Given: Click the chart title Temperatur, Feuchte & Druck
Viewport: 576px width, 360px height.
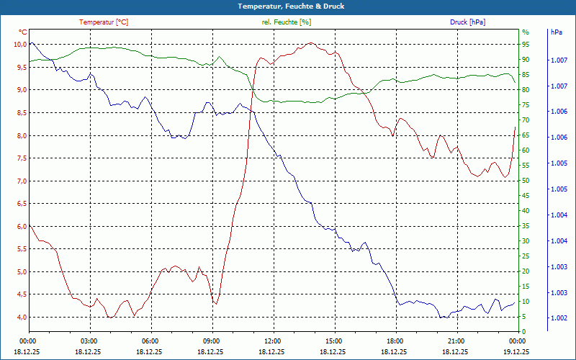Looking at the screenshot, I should pyautogui.click(x=287, y=6).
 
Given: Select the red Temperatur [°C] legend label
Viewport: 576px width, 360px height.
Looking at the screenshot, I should pyautogui.click(x=104, y=22).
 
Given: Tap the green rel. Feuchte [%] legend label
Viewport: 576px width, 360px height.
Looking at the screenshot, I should pyautogui.click(x=287, y=22).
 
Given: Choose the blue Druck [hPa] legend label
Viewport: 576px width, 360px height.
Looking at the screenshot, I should pyautogui.click(x=467, y=22).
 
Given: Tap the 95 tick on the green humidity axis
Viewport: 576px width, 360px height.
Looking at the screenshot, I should pyautogui.click(x=526, y=45).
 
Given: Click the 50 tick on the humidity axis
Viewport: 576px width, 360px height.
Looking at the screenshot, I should pyautogui.click(x=526, y=181).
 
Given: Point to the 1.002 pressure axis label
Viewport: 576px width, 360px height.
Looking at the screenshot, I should pyautogui.click(x=557, y=318).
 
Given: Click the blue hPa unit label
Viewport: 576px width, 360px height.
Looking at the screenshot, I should pyautogui.click(x=557, y=32).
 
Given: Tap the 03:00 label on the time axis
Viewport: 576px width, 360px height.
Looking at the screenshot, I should pyautogui.click(x=89, y=341).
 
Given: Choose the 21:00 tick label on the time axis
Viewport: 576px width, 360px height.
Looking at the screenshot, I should pyautogui.click(x=456, y=341).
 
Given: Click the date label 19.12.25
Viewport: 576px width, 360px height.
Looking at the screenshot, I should pyautogui.click(x=516, y=351).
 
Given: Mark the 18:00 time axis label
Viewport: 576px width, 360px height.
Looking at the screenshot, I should pyautogui.click(x=395, y=341).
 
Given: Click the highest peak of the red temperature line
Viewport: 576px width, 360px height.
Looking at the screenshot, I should pyautogui.click(x=310, y=43).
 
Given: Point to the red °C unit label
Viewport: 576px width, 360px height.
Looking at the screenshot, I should pyautogui.click(x=23, y=32).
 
